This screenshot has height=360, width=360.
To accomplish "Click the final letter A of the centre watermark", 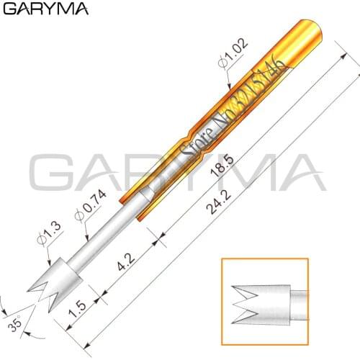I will click(296, 176).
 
